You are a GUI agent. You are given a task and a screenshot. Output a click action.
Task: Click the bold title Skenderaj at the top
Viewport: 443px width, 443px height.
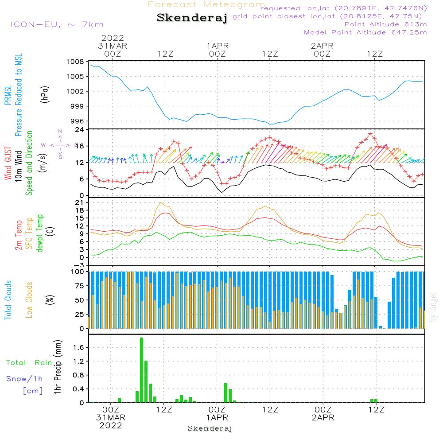pos(192,18)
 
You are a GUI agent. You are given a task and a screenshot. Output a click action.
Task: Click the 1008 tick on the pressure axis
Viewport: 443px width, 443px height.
pos(76,62)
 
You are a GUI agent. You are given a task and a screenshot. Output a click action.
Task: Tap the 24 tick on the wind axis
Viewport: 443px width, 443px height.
pos(80,129)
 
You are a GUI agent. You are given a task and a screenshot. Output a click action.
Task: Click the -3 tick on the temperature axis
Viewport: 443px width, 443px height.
pos(80,265)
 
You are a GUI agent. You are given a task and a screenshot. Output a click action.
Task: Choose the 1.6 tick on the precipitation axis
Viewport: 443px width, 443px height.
pos(78,347)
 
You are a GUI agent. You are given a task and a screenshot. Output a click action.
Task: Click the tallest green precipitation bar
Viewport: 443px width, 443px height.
pos(141,370)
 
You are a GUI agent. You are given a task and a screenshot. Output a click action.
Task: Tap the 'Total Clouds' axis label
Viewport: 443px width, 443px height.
pos(8,300)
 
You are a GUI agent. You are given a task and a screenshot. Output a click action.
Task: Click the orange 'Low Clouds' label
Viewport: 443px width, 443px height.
pos(29,300)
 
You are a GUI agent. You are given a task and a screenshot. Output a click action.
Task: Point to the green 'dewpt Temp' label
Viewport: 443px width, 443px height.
pos(40,233)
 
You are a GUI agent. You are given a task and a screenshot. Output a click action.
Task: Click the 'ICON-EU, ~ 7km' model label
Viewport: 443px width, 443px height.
pos(57,24)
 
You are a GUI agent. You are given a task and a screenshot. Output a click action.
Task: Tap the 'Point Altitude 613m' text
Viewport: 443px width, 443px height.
pos(385,24)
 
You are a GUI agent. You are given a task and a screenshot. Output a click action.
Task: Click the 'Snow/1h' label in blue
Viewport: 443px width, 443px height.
pos(24,379)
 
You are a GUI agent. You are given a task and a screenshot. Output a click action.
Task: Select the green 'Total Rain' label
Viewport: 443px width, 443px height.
pos(29,362)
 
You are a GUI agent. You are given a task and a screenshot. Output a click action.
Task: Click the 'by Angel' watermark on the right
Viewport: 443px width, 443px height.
pos(433,313)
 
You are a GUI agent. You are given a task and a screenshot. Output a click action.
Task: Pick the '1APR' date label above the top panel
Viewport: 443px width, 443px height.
pos(217,46)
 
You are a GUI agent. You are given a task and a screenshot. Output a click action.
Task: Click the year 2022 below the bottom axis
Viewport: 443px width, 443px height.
pos(111,425)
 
